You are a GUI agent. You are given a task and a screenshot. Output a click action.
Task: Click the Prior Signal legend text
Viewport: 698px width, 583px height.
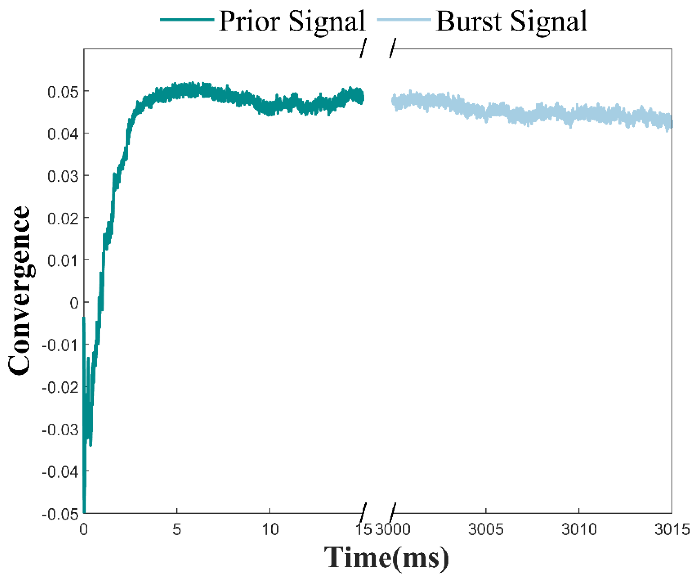[292, 21]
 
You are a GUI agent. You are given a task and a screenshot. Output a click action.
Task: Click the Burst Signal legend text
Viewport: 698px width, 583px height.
[511, 21]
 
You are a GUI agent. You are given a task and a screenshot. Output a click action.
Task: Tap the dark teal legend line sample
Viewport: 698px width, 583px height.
[187, 19]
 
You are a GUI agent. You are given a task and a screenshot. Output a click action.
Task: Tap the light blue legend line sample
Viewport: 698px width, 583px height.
[404, 19]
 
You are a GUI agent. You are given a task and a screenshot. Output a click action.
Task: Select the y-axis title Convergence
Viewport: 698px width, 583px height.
[19, 291]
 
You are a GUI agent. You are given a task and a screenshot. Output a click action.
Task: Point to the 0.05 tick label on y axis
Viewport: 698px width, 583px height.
[63, 92]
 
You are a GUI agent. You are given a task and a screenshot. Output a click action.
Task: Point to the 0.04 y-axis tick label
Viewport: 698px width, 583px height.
[63, 134]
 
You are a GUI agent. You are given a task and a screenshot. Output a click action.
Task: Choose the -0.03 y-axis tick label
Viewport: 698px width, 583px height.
[61, 430]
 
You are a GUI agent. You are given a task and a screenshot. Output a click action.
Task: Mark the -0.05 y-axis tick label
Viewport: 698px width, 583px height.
[61, 515]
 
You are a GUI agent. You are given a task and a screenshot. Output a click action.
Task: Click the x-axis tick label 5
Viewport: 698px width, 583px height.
[177, 529]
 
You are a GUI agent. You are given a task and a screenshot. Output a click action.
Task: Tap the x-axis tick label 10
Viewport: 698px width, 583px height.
[270, 529]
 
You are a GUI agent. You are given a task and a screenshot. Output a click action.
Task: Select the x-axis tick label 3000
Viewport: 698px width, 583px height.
[393, 529]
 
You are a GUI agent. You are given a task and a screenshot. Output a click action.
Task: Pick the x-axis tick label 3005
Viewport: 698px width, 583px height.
[486, 529]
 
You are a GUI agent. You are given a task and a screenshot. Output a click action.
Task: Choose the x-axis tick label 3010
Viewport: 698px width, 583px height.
[579, 529]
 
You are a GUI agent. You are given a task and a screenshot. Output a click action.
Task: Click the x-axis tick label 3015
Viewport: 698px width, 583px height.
[672, 529]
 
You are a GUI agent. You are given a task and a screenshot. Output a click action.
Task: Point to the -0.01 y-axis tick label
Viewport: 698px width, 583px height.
[61, 346]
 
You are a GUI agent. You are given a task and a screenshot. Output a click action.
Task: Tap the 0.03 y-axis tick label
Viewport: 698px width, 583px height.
[63, 176]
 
